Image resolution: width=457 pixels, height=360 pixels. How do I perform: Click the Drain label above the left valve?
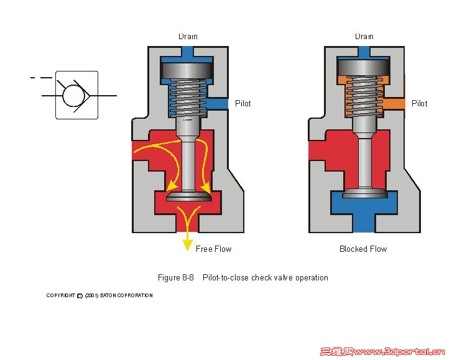188,37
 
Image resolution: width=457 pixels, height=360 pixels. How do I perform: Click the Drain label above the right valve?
364,37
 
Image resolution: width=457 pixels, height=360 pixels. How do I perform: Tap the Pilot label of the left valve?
242,103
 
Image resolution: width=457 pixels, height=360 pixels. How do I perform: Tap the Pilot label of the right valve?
419,103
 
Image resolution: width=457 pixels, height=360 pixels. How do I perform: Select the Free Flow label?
213,249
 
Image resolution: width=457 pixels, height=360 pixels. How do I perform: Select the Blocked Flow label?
363,249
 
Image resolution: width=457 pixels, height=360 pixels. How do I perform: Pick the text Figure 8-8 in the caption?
177,278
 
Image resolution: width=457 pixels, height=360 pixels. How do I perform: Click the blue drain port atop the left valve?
188,52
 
